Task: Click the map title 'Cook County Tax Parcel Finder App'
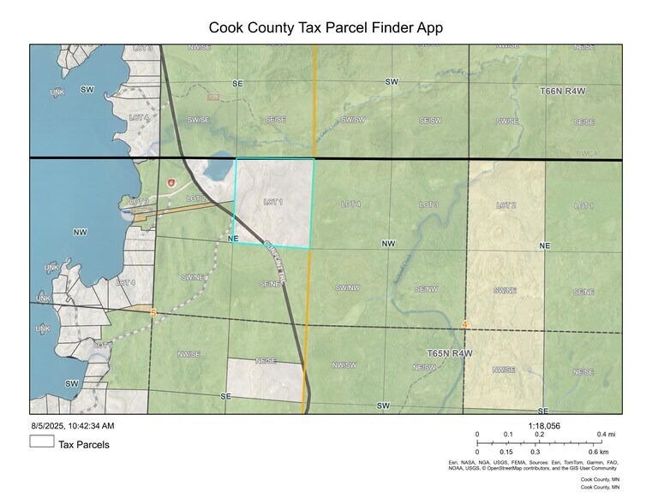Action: [x=326, y=27]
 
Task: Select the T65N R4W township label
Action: [x=450, y=352]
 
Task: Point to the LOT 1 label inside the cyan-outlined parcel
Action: [x=273, y=202]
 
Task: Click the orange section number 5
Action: [x=153, y=314]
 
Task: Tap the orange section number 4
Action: [x=464, y=324]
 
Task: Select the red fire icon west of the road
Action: [x=170, y=182]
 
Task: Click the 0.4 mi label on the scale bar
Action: [x=606, y=435]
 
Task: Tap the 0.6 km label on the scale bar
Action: [x=598, y=452]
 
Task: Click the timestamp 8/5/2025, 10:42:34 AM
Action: [x=73, y=425]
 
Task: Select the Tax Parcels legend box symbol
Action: [x=42, y=443]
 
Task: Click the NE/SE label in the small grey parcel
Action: [x=266, y=361]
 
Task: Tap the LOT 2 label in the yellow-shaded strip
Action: [x=506, y=205]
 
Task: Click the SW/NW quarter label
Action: [x=346, y=287]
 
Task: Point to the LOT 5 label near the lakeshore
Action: [x=139, y=202]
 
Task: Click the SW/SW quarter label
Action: [x=353, y=121]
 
